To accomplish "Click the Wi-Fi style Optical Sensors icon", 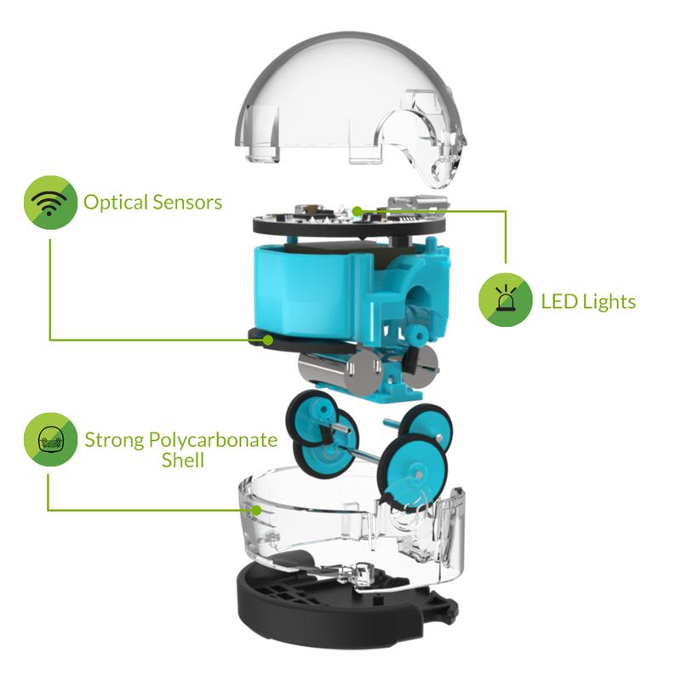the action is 50,203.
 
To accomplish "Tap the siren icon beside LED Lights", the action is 505,300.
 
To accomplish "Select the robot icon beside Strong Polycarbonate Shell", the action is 50,439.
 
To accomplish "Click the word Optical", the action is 116,203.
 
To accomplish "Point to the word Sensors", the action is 187,203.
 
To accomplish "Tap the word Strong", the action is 114,440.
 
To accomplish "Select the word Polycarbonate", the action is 214,440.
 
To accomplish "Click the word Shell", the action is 183,460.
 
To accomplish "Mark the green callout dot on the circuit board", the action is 357,211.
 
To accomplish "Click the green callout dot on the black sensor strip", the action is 268,340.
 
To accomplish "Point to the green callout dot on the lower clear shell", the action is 257,510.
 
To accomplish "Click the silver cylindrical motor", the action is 336,370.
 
